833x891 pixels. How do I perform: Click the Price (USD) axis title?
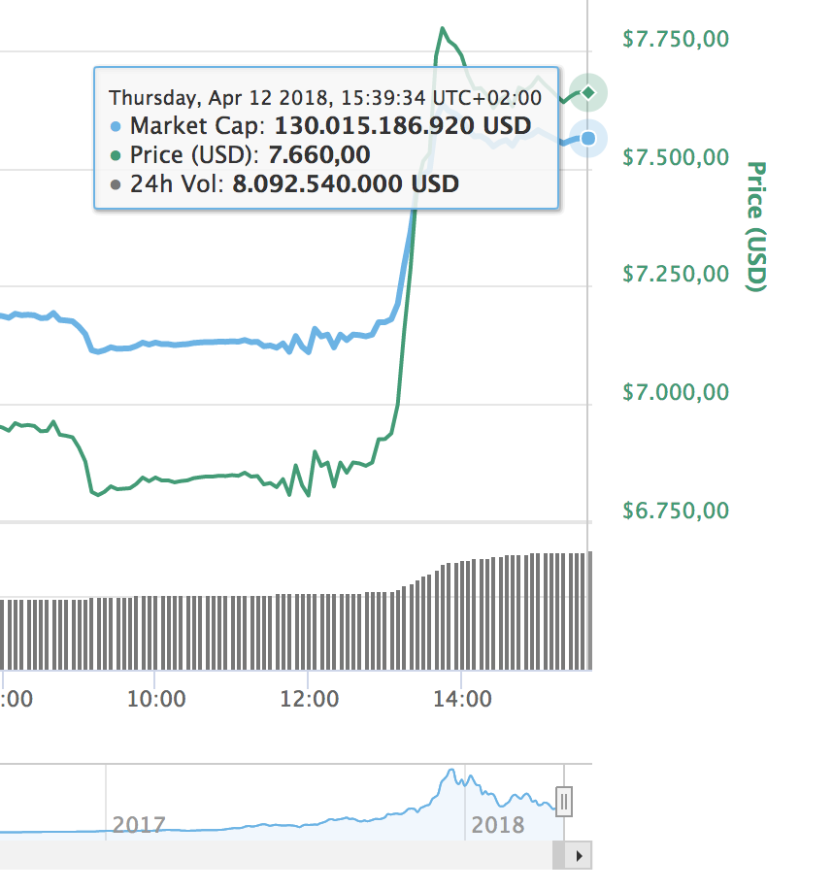(756, 226)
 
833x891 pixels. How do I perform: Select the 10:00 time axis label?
(155, 699)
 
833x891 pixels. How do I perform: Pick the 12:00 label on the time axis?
(309, 699)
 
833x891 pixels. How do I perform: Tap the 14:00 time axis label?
(461, 699)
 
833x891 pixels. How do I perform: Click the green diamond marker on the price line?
(587, 92)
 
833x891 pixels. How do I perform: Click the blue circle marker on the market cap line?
(587, 139)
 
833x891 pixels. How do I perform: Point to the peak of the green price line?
(443, 29)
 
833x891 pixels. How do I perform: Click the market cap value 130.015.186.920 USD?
(403, 125)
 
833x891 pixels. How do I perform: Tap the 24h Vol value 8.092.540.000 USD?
(346, 183)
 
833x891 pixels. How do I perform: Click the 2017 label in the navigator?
(139, 825)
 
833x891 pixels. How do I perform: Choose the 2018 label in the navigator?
(497, 825)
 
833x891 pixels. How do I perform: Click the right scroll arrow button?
(580, 856)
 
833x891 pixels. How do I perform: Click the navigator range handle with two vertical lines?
(564, 802)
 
